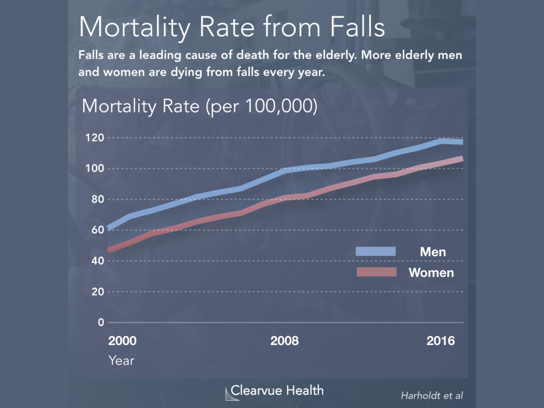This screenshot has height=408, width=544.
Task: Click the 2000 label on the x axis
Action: point(122,341)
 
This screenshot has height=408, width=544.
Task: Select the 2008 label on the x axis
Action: point(284,341)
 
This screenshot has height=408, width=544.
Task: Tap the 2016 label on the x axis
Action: point(440,341)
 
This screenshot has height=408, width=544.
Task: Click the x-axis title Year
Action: point(121,360)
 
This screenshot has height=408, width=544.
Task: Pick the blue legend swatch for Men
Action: point(375,252)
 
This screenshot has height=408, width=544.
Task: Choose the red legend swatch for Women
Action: point(375,272)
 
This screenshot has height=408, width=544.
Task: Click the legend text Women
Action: point(431,272)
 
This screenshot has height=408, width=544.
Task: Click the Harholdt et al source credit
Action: point(432,395)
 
